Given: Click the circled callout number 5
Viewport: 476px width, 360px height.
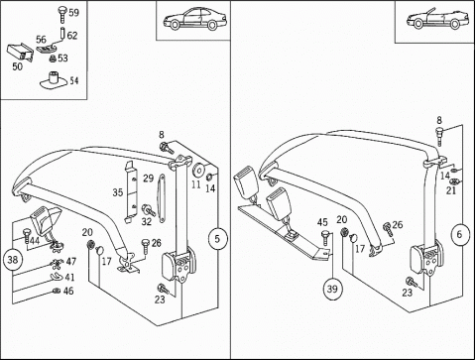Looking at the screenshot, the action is point(217,239).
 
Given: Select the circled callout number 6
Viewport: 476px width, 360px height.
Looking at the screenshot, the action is point(459,234).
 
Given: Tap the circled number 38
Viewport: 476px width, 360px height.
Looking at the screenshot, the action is point(13,260).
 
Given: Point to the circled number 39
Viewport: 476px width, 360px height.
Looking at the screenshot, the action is point(332,289).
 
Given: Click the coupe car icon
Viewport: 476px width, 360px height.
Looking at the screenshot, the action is point(194,18).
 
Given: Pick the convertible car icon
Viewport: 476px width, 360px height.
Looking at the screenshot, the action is point(438,18).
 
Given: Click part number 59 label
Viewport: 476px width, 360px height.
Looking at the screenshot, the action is point(73,13).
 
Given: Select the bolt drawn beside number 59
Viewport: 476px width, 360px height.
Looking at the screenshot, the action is point(62,14).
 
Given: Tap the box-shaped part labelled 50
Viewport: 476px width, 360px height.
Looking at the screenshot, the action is point(21,53).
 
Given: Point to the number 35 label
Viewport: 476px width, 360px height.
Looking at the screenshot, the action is point(118,192).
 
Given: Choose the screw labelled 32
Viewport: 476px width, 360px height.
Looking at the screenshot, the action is point(148,210).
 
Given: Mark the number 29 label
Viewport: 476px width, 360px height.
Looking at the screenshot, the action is point(149,179).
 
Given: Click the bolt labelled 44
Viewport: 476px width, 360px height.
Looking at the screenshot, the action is point(27,235).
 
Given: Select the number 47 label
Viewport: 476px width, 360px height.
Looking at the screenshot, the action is point(70,262).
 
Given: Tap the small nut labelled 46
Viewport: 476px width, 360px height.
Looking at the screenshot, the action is point(57,291).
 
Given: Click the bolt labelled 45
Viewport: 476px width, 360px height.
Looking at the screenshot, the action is point(325,238).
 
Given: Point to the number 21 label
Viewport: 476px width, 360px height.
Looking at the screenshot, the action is point(451,190).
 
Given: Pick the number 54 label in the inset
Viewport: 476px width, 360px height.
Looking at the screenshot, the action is point(74,80).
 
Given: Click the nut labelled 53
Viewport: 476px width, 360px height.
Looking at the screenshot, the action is point(53,59).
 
